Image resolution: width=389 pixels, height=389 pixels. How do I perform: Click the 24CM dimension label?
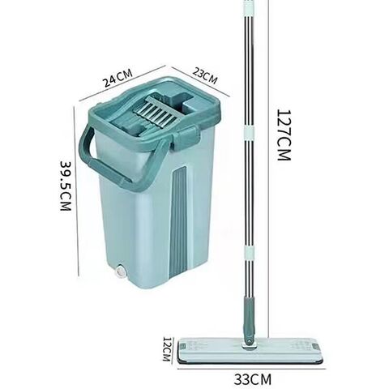118,78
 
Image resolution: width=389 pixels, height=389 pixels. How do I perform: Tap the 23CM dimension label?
205,76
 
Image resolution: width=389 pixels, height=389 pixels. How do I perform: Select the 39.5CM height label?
66,186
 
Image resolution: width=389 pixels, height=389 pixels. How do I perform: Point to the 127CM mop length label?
284,135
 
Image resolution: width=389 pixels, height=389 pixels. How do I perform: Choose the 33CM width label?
252,379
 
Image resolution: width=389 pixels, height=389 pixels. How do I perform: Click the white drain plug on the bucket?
120,272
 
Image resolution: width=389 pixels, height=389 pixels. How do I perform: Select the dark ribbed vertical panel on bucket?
178,223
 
